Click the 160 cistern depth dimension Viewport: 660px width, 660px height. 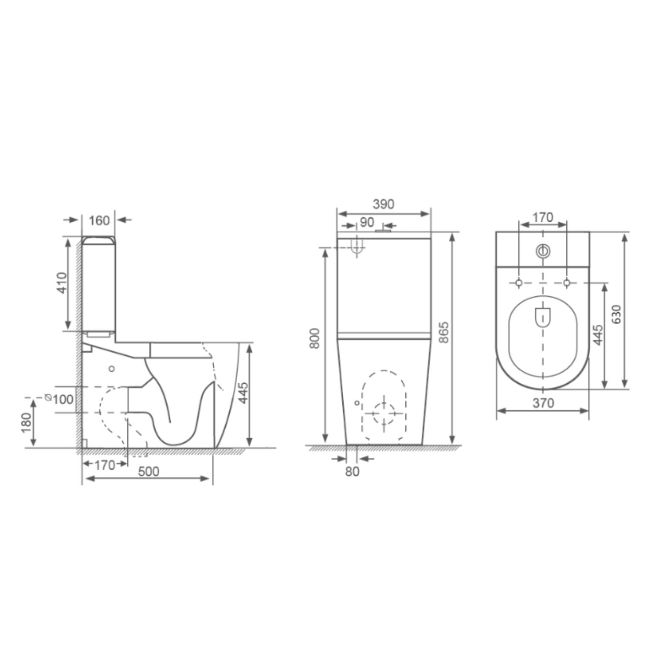click(99, 220)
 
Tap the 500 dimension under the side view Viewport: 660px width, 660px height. click(149, 471)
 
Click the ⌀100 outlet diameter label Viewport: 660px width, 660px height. click(60, 399)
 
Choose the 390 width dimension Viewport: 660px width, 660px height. click(384, 204)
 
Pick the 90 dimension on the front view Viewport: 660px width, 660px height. click(367, 222)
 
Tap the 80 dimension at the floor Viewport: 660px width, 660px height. click(352, 471)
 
